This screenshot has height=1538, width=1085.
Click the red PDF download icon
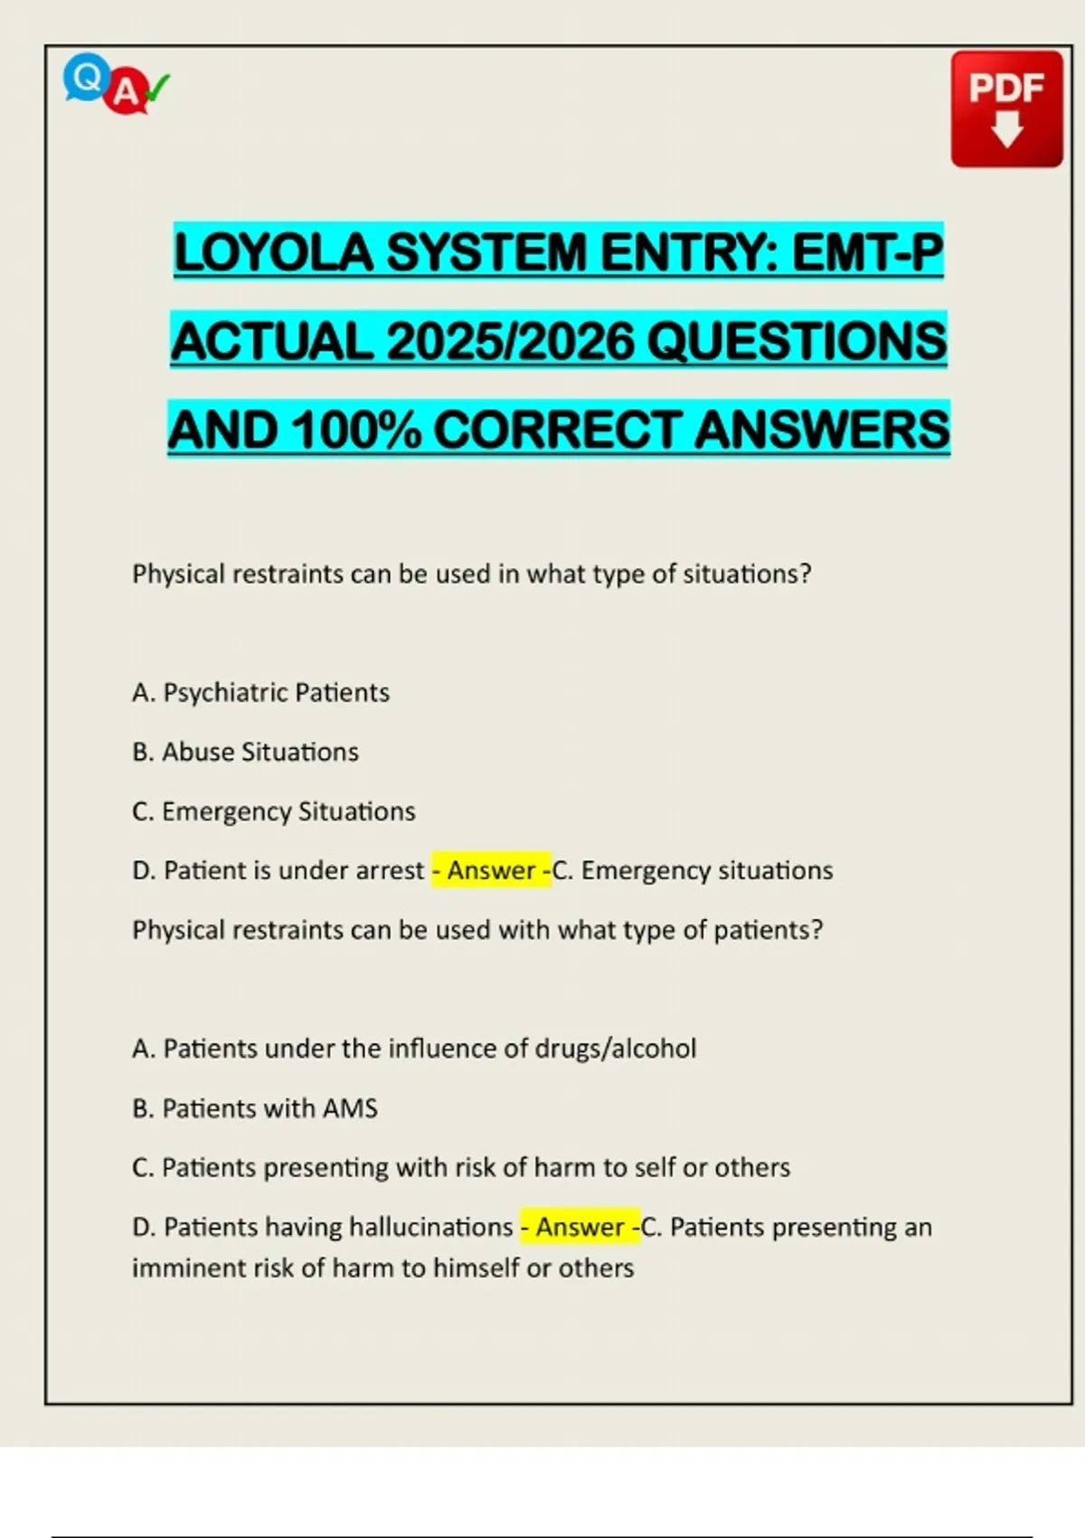(x=1006, y=109)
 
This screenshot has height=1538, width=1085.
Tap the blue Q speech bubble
(x=86, y=77)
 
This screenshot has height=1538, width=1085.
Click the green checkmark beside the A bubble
(x=157, y=88)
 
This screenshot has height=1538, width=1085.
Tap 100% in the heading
(x=356, y=430)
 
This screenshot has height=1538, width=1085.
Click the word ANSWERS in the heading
(x=822, y=430)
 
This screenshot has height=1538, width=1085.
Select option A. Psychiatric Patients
(x=260, y=693)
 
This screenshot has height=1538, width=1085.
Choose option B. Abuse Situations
(x=245, y=752)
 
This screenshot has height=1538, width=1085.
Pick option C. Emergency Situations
(x=273, y=812)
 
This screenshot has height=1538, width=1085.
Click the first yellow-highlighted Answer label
(x=491, y=870)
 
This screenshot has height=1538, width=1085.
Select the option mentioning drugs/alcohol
(x=414, y=1049)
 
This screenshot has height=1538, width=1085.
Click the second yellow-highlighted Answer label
(x=580, y=1227)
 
